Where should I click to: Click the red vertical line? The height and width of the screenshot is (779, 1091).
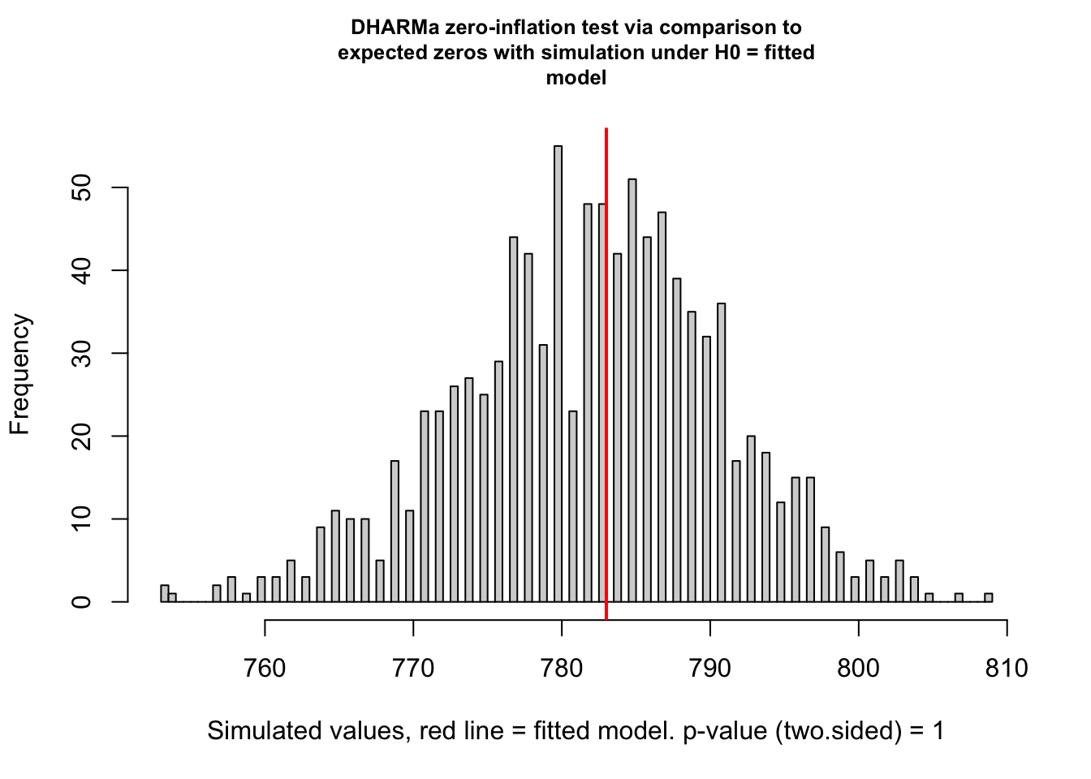point(606,365)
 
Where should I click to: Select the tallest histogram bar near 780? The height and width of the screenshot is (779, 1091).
point(558,373)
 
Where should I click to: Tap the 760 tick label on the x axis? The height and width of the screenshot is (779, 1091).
point(265,668)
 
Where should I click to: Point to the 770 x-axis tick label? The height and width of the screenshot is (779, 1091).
point(413,668)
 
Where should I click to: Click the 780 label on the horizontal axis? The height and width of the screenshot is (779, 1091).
point(562,668)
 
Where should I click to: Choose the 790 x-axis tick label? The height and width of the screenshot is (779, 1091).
point(710,668)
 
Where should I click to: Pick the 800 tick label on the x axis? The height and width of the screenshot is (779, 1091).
point(858,668)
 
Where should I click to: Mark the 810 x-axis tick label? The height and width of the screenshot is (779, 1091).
point(1007,668)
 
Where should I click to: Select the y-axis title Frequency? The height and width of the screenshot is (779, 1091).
point(19,374)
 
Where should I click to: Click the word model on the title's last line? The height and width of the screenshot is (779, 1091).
point(576,78)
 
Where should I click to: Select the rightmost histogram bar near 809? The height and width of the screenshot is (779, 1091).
point(988,598)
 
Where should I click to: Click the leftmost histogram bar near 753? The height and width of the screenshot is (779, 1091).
point(165,594)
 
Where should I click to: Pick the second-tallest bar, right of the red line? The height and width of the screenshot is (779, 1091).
point(632,389)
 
